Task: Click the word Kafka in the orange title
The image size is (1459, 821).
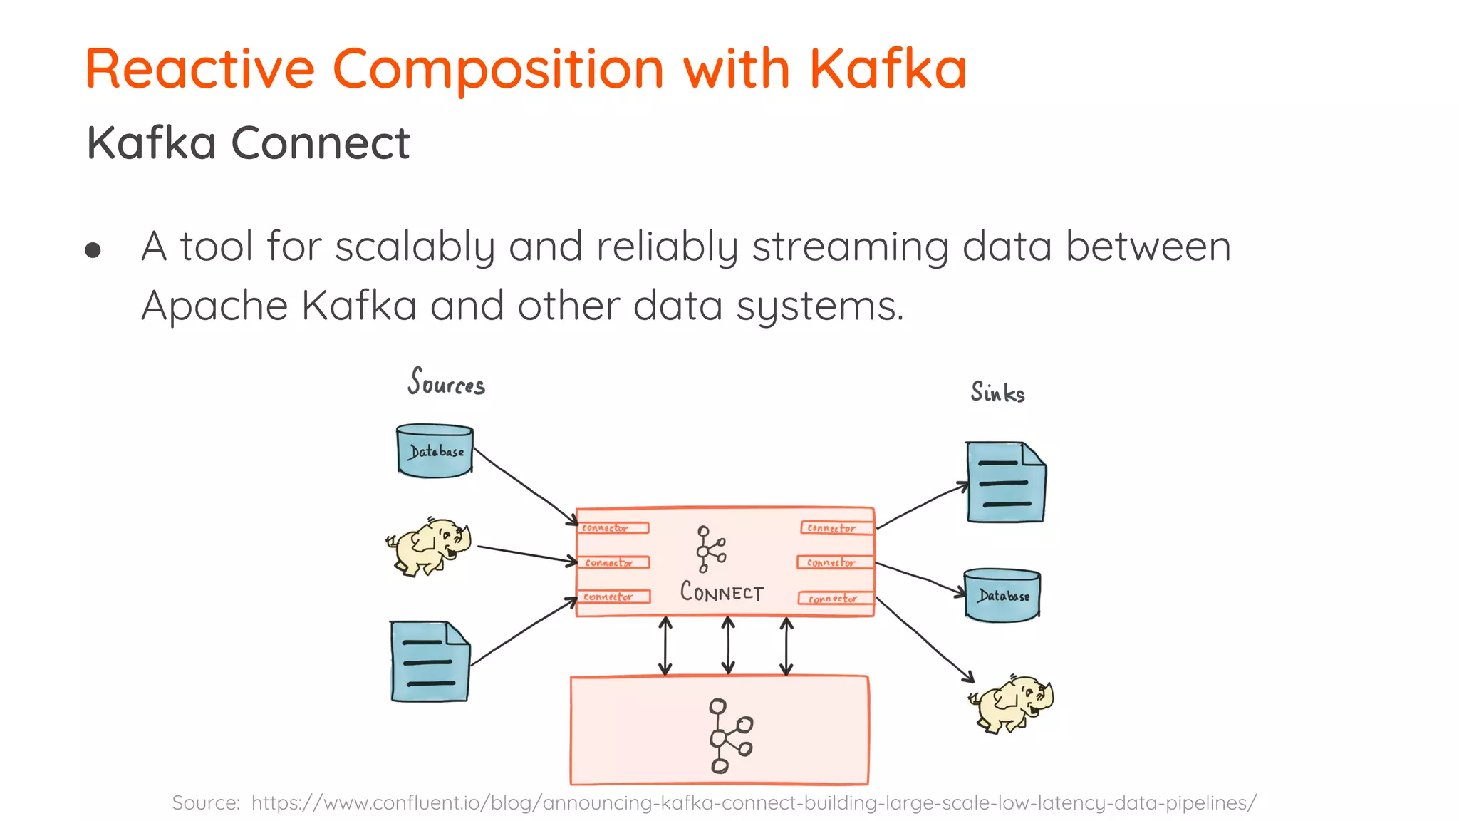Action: pos(887,69)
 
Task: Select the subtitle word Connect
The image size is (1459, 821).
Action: pos(321,143)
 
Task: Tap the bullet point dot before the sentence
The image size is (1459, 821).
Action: pos(93,250)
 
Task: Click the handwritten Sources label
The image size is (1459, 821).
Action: pos(447,383)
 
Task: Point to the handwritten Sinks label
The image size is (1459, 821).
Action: pos(997,393)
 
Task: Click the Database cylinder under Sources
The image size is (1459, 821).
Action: pos(435,451)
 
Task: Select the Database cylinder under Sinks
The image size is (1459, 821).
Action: pos(1002,595)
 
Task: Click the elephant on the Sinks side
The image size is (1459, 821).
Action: pos(1012,704)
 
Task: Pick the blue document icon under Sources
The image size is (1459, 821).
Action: pos(430,661)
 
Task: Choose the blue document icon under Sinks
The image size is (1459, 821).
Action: pos(1005,482)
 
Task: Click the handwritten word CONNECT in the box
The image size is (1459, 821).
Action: pos(722,592)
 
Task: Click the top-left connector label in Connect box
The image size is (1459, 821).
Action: pos(612,528)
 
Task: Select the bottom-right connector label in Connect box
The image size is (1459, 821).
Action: pos(836,599)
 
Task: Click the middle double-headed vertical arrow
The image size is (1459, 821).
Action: pos(727,646)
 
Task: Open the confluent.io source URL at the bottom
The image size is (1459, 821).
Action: pos(753,803)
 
